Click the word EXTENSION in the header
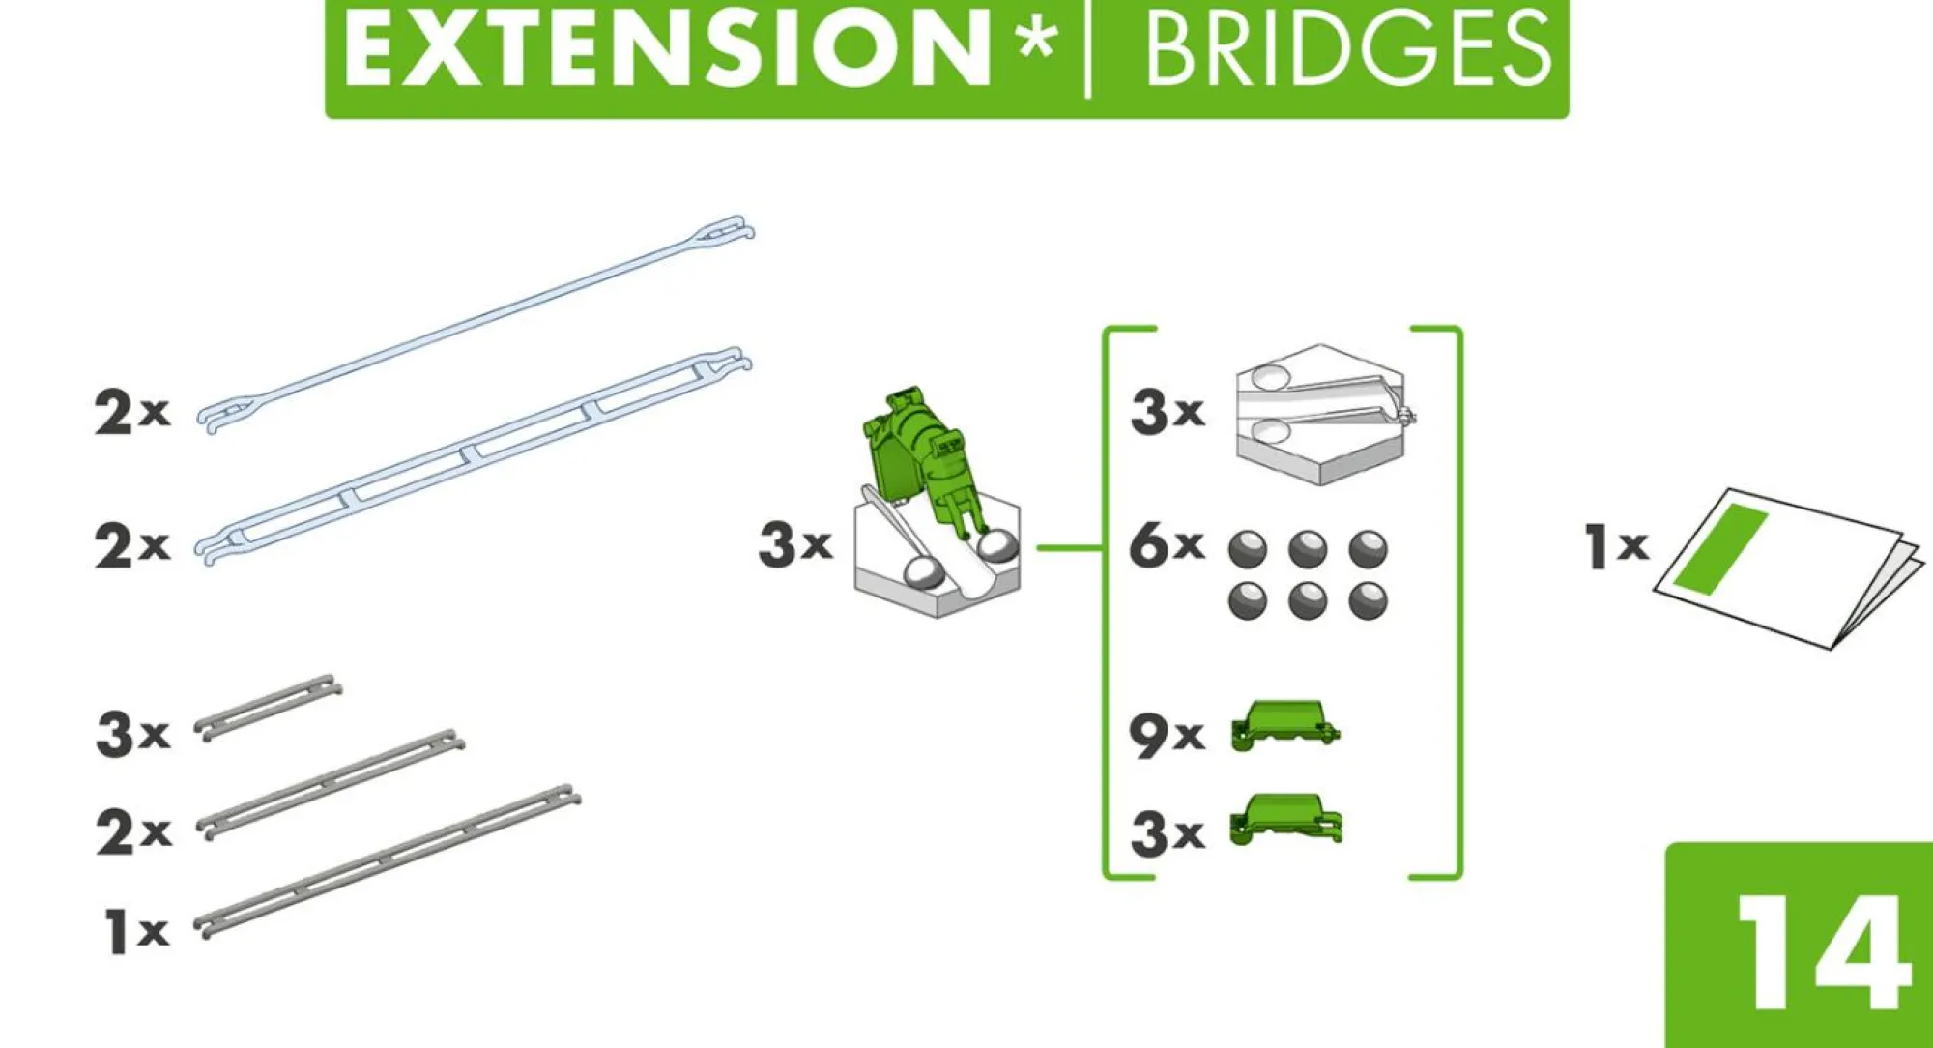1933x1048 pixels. tap(668, 49)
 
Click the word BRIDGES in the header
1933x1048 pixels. tap(1347, 49)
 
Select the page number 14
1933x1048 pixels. tap(1823, 951)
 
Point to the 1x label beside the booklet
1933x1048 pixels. tap(1617, 546)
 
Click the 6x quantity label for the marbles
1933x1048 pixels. tap(1167, 544)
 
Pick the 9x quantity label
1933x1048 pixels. tap(1167, 735)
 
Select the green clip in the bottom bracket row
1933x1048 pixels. tap(1285, 820)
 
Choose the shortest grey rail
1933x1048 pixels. tap(268, 708)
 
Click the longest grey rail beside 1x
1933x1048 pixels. tap(387, 860)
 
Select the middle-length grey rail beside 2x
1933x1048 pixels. tap(330, 784)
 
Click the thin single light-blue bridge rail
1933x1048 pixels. tap(476, 324)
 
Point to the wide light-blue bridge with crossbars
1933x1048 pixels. tap(474, 455)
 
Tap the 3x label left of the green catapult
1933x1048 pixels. tap(795, 543)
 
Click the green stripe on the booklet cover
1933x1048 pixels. tap(1720, 548)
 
